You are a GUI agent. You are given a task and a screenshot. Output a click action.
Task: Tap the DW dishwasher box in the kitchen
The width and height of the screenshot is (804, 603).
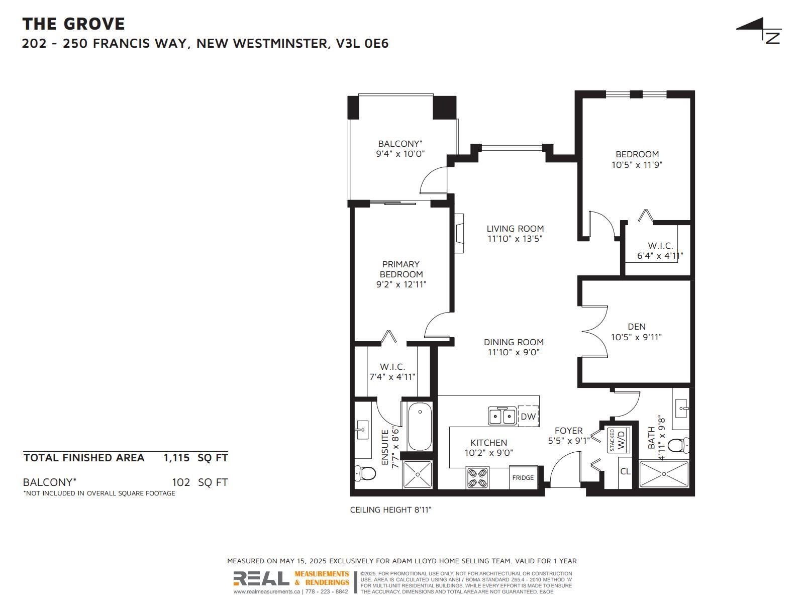[x=528, y=416]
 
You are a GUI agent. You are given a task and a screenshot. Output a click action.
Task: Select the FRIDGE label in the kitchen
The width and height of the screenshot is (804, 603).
[x=523, y=477]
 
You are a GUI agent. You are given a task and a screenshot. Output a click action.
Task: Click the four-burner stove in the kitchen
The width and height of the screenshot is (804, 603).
[x=477, y=478]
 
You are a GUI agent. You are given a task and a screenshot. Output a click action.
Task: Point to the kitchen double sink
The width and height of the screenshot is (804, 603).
[x=502, y=416]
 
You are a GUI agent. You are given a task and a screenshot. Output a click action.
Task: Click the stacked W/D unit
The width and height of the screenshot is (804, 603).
[x=618, y=440]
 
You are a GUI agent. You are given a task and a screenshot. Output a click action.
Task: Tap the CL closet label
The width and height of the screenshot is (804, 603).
[x=625, y=471]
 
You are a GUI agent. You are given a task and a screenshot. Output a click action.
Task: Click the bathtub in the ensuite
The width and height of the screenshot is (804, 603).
[x=420, y=427]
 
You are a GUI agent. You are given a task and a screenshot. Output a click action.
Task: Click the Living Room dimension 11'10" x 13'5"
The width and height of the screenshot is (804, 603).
[x=515, y=239]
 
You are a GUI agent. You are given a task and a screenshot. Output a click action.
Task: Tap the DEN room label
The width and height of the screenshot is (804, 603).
[x=637, y=327]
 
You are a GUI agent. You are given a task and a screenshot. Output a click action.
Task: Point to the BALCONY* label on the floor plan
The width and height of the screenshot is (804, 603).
[x=400, y=144]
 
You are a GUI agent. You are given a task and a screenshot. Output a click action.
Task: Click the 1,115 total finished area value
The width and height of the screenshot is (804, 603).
[x=176, y=458]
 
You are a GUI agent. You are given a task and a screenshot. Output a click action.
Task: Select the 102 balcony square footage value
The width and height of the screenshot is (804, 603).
[x=181, y=482]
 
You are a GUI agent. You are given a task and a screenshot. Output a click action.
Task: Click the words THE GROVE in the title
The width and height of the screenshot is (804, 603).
[x=74, y=24]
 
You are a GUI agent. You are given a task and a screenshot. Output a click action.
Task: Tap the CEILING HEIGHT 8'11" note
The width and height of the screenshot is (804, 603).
[x=391, y=510]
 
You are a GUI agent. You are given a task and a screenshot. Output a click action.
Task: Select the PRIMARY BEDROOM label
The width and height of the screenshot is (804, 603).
[x=401, y=269]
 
